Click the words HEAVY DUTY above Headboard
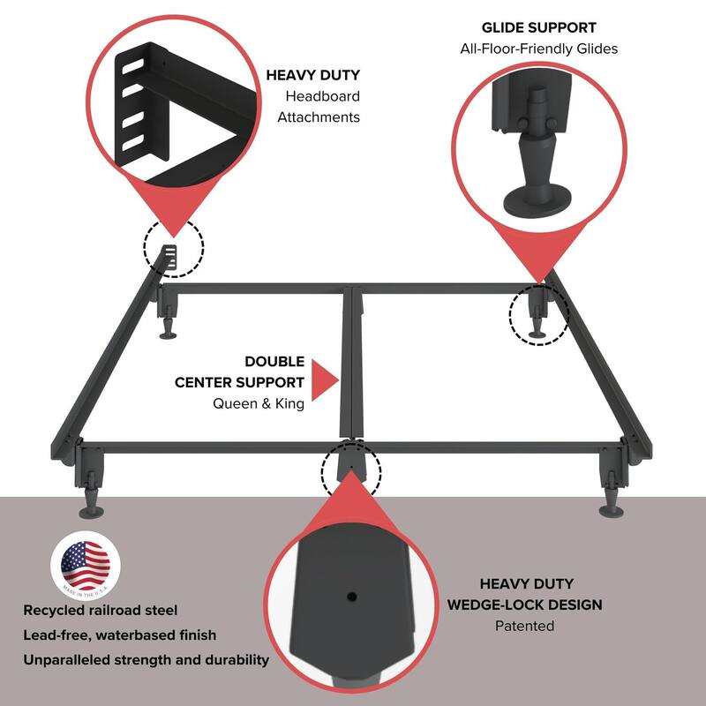pos(313,75)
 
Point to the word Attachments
pos(319,116)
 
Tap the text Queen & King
pos(258,403)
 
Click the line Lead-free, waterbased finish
pos(119,635)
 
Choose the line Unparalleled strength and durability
pos(146,659)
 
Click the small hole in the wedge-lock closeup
pos(353,597)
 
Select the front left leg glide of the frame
pos(92,509)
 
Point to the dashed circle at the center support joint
pos(351,468)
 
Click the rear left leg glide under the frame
pos(168,333)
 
